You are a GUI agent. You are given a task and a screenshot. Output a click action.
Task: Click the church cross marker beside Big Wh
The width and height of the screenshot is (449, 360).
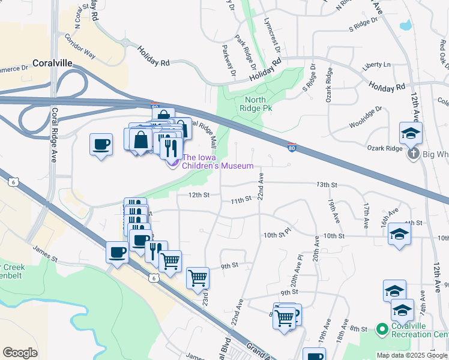coord(412,154)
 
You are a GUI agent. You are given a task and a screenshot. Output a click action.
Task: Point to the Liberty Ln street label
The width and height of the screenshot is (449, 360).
coord(378,65)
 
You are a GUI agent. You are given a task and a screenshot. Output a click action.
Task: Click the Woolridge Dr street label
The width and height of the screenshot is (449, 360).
coord(364,118)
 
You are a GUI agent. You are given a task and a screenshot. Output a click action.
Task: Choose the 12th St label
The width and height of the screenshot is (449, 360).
coord(199,195)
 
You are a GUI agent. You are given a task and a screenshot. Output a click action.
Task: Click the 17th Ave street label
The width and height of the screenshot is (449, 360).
coord(366,215)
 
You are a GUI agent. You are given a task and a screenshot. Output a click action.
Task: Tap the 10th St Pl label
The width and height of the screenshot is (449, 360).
coord(277,231)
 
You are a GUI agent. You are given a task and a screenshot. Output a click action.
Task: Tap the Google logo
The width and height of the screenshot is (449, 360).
coord(20,353)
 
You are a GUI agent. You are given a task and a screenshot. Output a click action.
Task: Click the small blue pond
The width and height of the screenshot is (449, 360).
coord(406,25)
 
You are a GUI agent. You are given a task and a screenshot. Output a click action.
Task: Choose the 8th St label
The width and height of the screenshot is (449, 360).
coord(359,329)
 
